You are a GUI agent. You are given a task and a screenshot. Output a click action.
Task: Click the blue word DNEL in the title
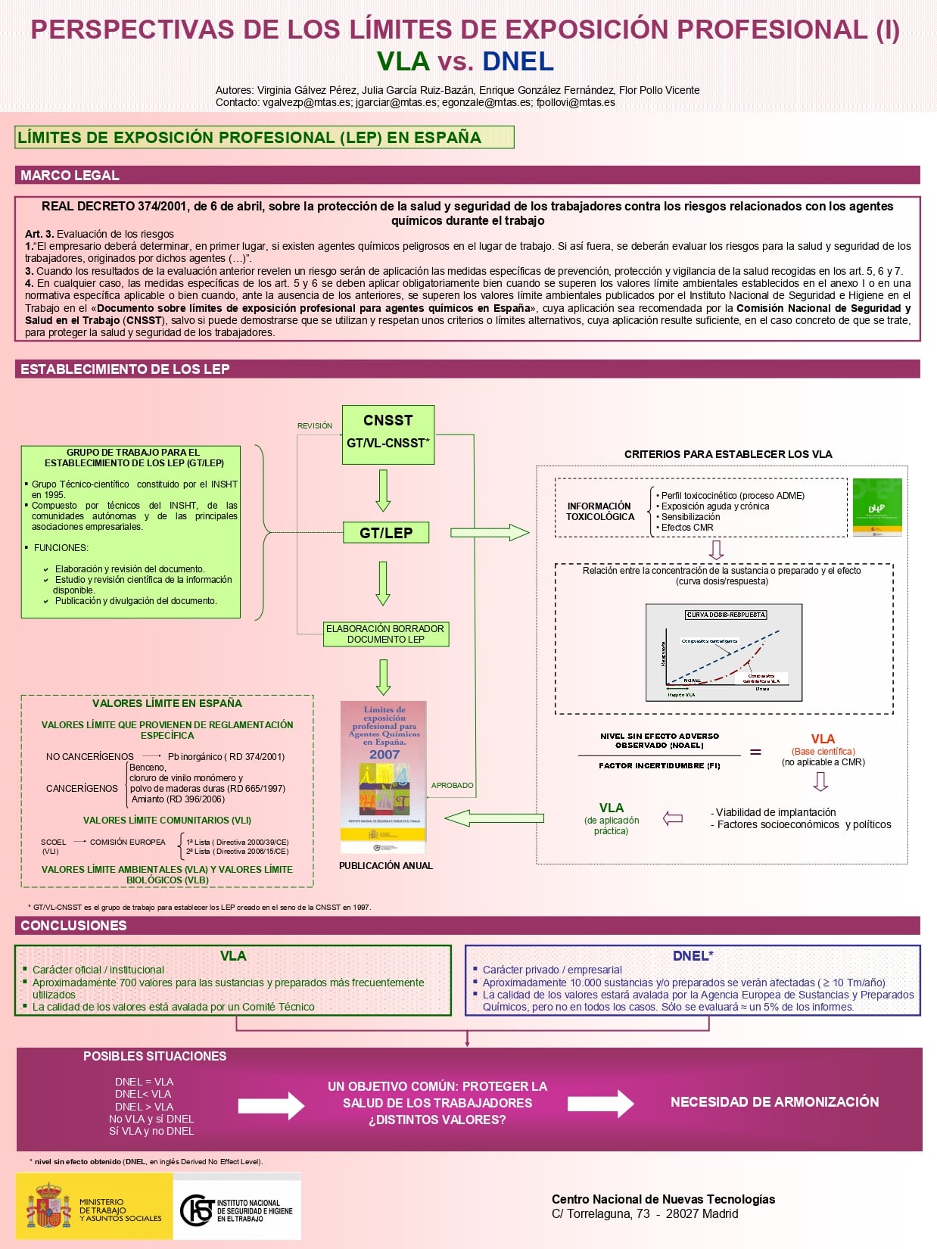pos(518,61)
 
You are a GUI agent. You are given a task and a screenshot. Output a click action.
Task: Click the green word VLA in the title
pos(403,61)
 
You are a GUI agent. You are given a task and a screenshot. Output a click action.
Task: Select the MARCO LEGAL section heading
pos(70,176)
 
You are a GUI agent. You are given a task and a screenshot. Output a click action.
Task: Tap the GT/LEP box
pos(386,533)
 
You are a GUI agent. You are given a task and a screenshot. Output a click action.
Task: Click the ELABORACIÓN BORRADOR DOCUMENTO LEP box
pos(385,634)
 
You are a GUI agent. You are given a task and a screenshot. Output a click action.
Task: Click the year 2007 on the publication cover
pos(384,754)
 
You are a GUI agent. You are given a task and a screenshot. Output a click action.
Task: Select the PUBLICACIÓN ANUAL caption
pos(385,866)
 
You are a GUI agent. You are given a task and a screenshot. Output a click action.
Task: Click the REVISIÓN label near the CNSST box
pos(315,426)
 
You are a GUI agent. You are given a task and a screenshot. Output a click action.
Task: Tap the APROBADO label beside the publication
pos(452,786)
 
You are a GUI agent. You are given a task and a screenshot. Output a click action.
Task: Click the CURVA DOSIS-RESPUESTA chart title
pos(726,615)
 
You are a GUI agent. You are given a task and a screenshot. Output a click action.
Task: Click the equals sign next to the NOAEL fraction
pos(755,752)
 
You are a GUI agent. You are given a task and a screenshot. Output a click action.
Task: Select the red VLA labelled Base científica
pos(823,739)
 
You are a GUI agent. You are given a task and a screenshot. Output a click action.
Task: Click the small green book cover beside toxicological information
pos(876,506)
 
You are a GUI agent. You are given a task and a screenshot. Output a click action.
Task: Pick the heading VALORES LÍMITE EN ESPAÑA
pos(167,703)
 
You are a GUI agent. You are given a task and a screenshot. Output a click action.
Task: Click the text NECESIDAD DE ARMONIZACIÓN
pos(774,1102)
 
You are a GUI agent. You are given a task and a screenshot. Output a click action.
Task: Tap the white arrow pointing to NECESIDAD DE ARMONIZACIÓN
pos(600,1104)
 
